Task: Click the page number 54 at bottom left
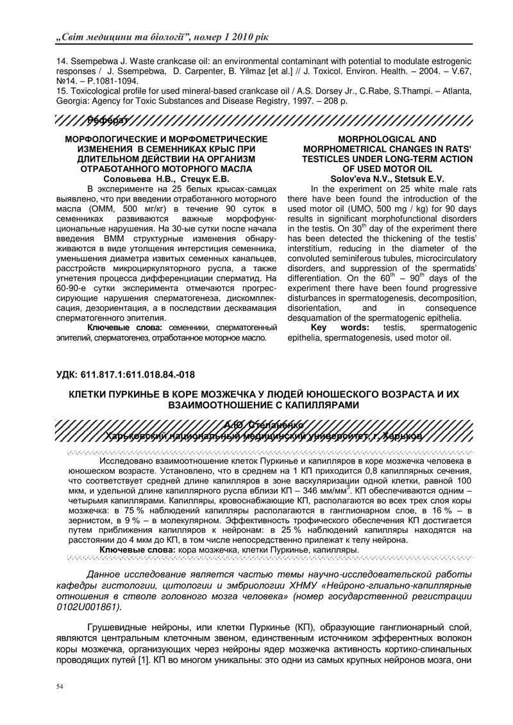pos(60,687)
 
